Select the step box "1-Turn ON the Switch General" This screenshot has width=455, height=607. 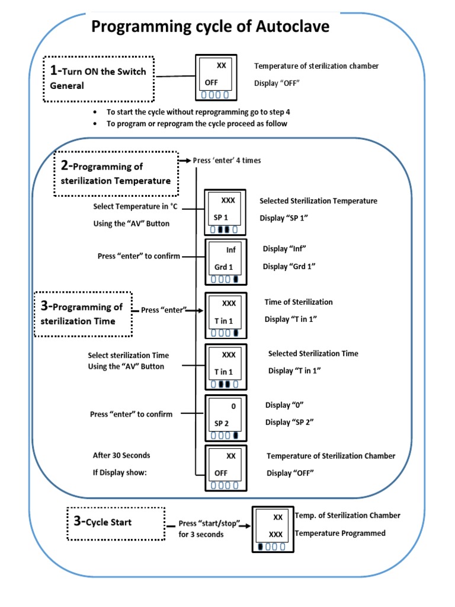coord(99,78)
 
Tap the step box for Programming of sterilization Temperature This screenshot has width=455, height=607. coord(116,173)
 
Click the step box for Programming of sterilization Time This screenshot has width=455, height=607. coord(83,314)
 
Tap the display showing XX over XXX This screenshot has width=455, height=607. coord(271,525)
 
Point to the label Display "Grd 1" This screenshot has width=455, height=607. coord(289,267)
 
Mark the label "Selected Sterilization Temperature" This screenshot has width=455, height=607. coord(318,201)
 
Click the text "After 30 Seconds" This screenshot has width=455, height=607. coord(121,455)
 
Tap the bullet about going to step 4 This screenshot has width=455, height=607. coord(198,112)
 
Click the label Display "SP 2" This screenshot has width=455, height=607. coord(289,422)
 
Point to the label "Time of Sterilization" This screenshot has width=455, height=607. coord(299,302)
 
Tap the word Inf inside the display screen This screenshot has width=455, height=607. coord(230,250)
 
